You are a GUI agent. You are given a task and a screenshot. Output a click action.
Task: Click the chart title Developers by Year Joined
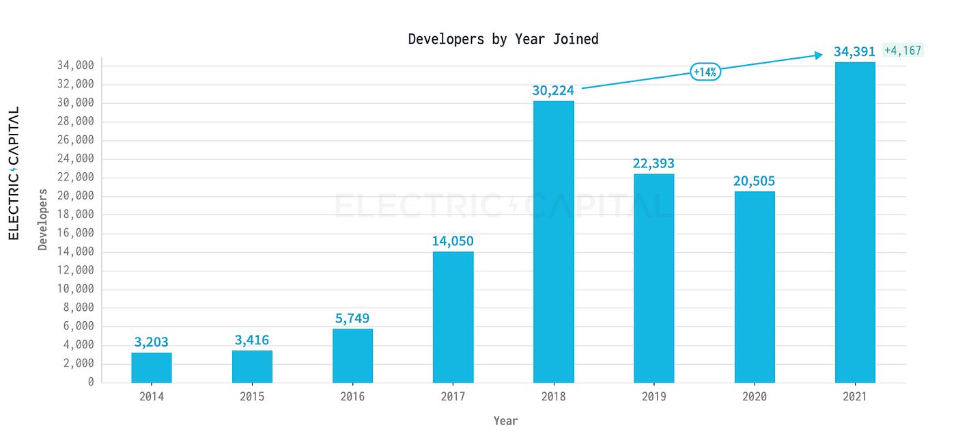point(503,39)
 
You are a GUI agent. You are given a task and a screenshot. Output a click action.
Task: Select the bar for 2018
point(554,242)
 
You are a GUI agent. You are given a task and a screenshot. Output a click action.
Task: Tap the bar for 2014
point(152,368)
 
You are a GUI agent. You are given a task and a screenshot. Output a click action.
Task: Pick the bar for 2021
point(855,222)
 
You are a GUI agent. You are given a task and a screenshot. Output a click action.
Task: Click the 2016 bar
point(352,355)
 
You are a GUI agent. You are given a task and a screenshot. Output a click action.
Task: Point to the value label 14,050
point(453,241)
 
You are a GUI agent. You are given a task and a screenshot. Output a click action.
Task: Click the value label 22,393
point(653,163)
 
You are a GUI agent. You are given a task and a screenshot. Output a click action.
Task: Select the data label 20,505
point(755,181)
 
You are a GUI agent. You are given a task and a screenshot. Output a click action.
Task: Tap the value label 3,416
point(252,340)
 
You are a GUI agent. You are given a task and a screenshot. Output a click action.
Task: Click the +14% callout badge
point(705,72)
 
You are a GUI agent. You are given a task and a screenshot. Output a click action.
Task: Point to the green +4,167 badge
point(903,51)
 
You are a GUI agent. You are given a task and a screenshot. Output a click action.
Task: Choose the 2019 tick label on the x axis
point(653,397)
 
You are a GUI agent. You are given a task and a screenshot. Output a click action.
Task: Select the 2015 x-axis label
point(252,397)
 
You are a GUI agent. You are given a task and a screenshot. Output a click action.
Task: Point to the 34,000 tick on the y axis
point(75,66)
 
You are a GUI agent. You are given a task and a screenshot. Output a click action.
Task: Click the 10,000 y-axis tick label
point(75,289)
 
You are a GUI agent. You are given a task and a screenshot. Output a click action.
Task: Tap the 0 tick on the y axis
point(90,382)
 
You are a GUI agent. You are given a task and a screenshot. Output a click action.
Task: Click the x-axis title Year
point(506,421)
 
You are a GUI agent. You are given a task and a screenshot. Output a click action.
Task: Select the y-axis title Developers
point(43,220)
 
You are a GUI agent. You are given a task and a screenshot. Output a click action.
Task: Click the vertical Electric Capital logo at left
point(14,174)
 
